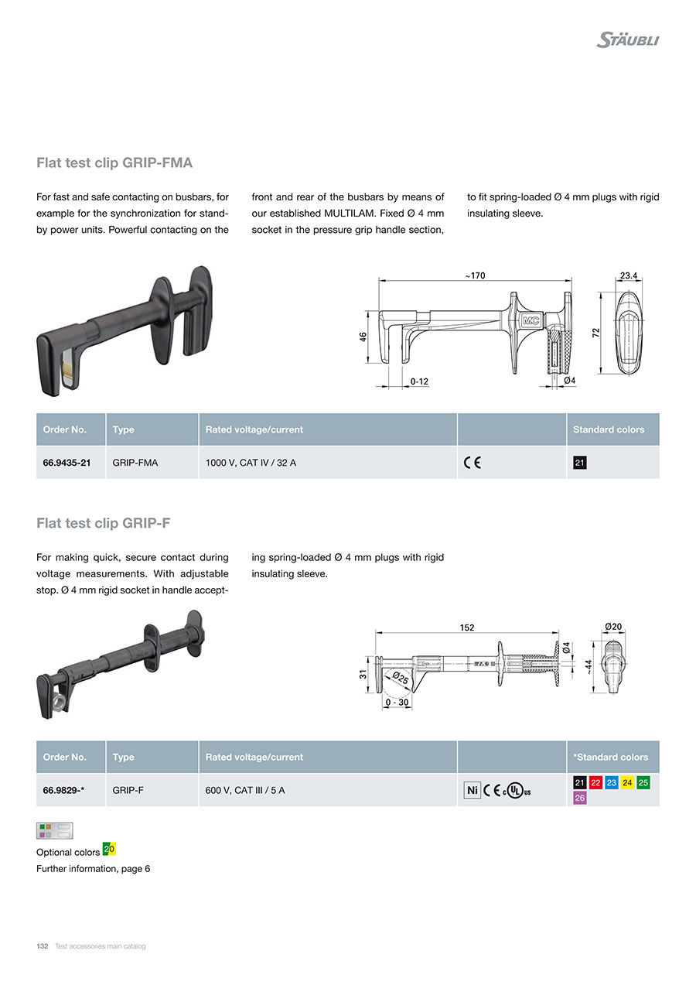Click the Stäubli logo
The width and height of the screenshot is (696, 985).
click(627, 39)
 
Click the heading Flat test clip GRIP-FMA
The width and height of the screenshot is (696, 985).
click(114, 162)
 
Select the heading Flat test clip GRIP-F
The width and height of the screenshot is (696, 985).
click(104, 523)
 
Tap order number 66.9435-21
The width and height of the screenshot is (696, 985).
click(67, 463)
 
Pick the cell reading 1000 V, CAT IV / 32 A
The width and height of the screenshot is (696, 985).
click(251, 463)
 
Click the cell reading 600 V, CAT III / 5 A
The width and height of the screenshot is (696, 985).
click(244, 790)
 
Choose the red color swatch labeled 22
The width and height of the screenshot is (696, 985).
click(595, 782)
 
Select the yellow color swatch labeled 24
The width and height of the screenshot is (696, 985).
click(627, 782)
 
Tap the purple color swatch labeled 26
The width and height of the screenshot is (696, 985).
click(579, 798)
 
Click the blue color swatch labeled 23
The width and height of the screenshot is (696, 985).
click(611, 782)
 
